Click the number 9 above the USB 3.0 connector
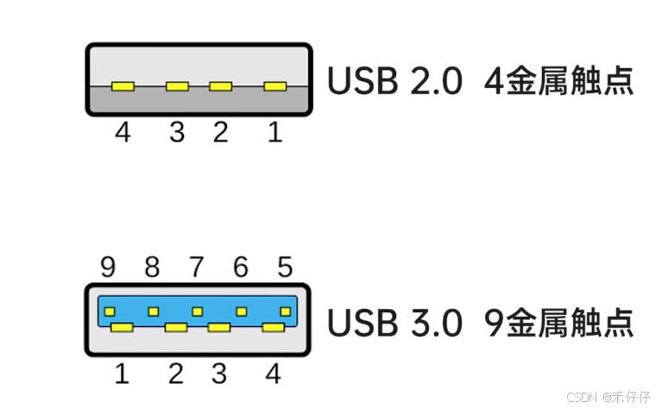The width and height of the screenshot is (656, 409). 108,267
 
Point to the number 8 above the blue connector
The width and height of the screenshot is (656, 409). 152,267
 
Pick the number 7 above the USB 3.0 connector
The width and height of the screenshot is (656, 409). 197,267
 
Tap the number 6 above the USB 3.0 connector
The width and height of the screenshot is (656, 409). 241,267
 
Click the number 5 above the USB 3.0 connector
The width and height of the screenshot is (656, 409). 285,267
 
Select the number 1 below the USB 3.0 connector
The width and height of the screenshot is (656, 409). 122,374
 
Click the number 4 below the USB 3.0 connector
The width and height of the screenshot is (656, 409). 274,374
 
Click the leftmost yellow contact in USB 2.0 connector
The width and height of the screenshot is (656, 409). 123,86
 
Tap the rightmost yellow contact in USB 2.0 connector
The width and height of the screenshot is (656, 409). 274,86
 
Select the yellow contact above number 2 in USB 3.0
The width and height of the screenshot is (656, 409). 176,327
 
